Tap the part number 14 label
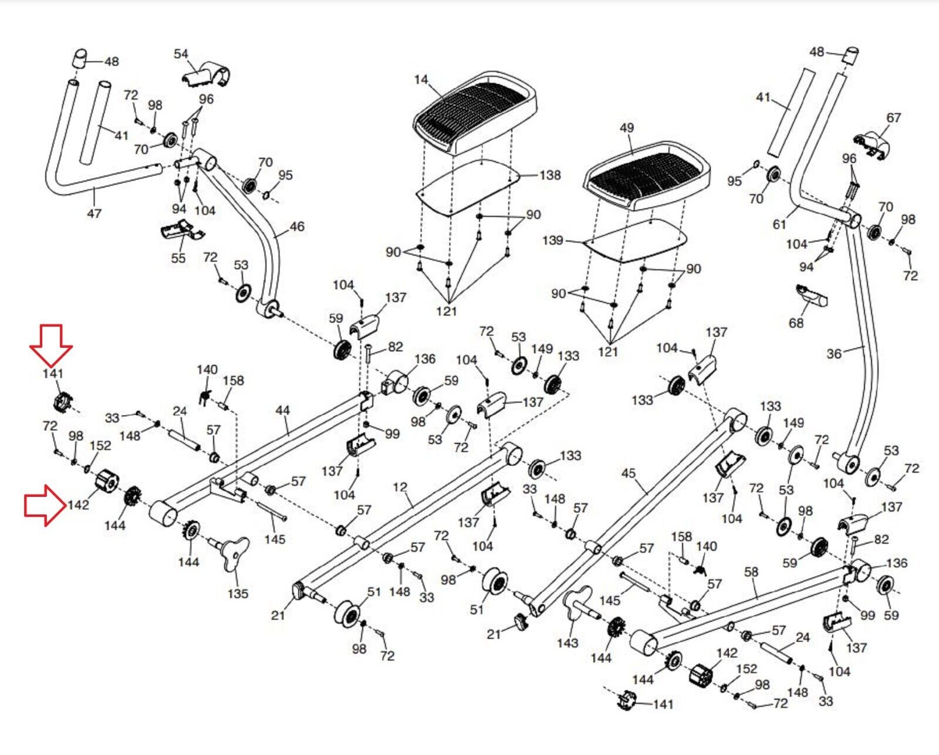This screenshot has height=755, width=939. pos(421,79)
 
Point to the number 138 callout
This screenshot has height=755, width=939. pos(550,175)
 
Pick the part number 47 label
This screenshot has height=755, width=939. pos(94,214)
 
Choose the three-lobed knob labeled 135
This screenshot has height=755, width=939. pos(234,554)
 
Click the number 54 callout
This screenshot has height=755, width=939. pos(181,54)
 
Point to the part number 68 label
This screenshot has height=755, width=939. pos(796,323)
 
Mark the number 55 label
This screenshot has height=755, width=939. pos(178,258)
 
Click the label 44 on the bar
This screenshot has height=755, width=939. pos(282,410)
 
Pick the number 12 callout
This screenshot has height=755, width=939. pos(400,487)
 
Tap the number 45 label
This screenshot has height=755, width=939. pos(628,473)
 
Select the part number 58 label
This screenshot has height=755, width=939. pos(751,571)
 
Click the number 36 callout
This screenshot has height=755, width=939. pos(834,354)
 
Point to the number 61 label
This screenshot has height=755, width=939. pos(779,224)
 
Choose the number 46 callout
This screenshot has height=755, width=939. pos(297,226)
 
